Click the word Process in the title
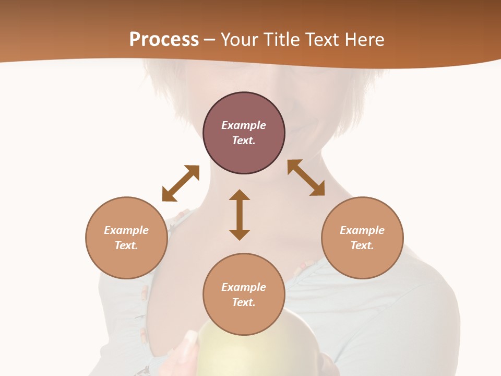pos(164,40)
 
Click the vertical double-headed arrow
pos(240,215)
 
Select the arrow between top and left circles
pos(181,183)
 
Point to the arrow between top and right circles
pos(306,178)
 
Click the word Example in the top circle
pos(244,125)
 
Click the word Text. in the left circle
pos(126,245)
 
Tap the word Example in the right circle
pos(362,230)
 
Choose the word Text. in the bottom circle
pos(244,302)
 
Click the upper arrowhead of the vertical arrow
pos(240,196)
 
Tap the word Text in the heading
pos(320,40)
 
